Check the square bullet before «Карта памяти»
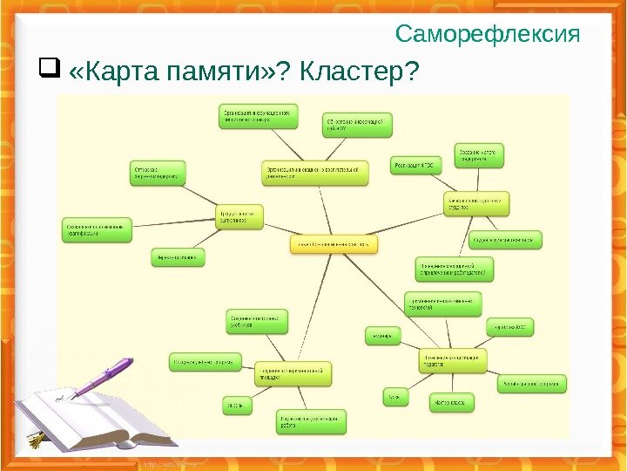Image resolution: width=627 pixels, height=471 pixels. tap(47, 66)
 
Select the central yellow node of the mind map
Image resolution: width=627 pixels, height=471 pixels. tap(334, 245)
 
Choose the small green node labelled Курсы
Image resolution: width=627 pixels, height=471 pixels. tap(394, 398)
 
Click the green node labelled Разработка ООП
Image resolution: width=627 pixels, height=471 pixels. tap(509, 327)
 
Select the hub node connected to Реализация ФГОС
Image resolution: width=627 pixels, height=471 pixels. tap(475, 204)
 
